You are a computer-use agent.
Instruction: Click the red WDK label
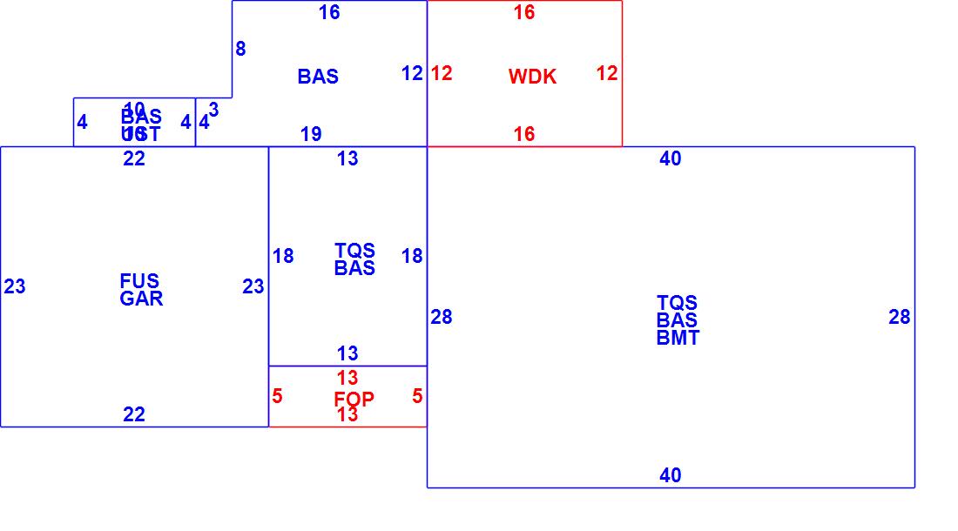pyautogui.click(x=532, y=77)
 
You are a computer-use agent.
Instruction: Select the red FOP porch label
pyautogui.click(x=354, y=399)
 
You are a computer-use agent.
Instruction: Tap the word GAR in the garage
pyautogui.click(x=141, y=299)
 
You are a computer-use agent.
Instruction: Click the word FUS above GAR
pyautogui.click(x=139, y=281)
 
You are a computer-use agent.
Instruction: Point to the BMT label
pyautogui.click(x=678, y=339)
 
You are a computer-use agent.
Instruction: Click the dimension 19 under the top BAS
pyautogui.click(x=311, y=134)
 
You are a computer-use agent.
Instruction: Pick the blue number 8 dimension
pyautogui.click(x=240, y=50)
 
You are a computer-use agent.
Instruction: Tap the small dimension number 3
pyautogui.click(x=213, y=111)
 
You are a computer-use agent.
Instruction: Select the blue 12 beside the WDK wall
pyautogui.click(x=412, y=73)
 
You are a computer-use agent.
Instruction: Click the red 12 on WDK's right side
pyautogui.click(x=607, y=73)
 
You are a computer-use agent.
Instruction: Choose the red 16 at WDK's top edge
pyautogui.click(x=524, y=12)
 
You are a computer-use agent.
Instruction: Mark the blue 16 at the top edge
pyautogui.click(x=329, y=12)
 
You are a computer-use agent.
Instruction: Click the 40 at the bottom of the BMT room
pyautogui.click(x=671, y=475)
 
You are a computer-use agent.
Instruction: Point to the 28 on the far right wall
pyautogui.click(x=900, y=318)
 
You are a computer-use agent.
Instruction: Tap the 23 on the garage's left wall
pyautogui.click(x=15, y=286)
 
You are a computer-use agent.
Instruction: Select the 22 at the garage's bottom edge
pyautogui.click(x=134, y=414)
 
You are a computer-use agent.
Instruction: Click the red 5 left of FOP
pyautogui.click(x=277, y=396)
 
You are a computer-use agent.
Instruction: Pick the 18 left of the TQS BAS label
pyautogui.click(x=283, y=256)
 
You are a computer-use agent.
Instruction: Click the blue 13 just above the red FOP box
pyautogui.click(x=347, y=353)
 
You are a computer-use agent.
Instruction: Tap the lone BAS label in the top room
pyautogui.click(x=318, y=77)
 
